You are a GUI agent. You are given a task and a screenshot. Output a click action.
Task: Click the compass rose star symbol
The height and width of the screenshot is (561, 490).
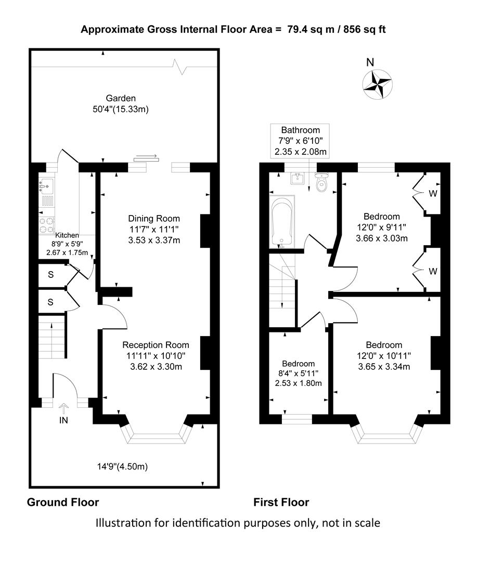[377, 84]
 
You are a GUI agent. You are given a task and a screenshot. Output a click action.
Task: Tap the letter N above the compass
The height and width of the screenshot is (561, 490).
[370, 62]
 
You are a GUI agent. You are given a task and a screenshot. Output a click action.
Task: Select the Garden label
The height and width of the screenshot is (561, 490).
[121, 98]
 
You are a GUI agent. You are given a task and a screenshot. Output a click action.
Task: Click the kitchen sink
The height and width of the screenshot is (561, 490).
[46, 186]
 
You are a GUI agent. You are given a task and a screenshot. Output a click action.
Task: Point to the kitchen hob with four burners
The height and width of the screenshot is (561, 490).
[46, 225]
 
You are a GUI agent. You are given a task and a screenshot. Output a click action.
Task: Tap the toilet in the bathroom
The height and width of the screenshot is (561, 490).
[321, 182]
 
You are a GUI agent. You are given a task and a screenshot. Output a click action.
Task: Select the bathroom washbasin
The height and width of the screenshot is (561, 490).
[298, 178]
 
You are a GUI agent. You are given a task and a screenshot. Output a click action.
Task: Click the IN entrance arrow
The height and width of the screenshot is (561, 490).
[64, 408]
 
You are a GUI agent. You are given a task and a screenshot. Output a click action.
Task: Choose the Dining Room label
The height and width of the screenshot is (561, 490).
[154, 218]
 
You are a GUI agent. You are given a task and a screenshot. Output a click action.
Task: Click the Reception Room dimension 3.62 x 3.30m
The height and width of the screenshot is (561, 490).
[156, 367]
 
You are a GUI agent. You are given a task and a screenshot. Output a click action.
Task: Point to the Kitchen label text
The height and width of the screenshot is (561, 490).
[67, 235]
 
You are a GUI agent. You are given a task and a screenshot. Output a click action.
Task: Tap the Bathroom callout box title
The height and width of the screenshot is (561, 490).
[300, 130]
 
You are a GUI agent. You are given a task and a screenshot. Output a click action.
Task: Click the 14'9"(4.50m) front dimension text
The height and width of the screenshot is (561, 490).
[123, 466]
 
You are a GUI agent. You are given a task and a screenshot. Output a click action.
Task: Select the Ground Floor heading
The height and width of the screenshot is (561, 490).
[63, 502]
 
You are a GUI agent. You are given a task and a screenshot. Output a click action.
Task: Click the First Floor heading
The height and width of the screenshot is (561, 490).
[281, 502]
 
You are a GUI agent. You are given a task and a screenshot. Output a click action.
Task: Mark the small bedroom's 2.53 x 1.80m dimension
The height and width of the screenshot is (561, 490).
[299, 383]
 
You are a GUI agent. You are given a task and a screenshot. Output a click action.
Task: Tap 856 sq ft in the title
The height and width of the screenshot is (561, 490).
[364, 29]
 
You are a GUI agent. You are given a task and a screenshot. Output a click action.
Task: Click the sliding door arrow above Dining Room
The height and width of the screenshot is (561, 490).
[146, 156]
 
